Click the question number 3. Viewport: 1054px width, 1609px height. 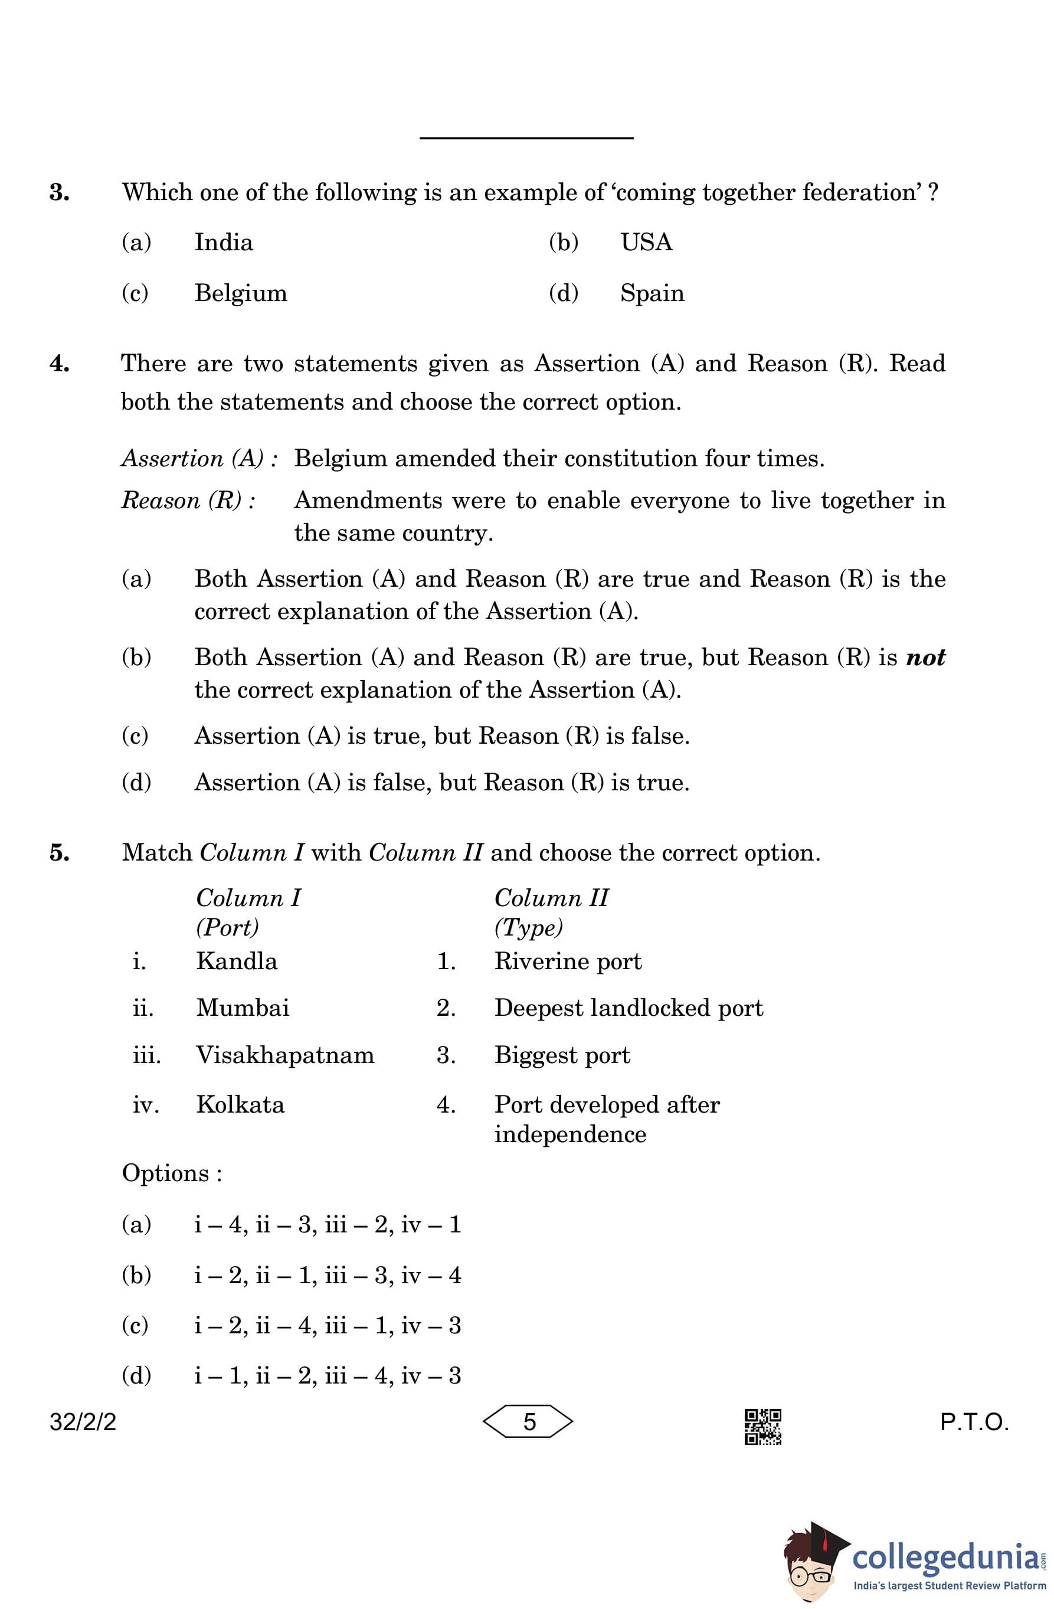pos(60,192)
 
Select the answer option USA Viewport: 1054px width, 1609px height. pos(646,243)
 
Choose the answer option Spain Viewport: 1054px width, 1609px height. pos(652,293)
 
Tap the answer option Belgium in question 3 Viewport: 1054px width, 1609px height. pos(241,293)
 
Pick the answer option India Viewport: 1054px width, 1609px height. pos(223,243)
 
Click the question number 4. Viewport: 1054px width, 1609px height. pos(60,364)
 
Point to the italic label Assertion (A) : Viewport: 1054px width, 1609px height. pos(199,459)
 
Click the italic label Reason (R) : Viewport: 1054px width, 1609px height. pos(188,501)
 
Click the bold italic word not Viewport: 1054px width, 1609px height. pos(925,657)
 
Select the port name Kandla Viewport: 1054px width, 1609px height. pos(237,962)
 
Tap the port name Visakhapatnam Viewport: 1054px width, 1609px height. pos(284,1055)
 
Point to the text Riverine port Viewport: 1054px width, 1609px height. pos(568,962)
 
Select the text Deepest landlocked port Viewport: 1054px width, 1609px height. pos(628,1008)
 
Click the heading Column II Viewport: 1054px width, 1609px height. pos(551,898)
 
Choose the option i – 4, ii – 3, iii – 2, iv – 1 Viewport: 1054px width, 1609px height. pos(327,1224)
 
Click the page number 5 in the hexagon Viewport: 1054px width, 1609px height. pos(529,1422)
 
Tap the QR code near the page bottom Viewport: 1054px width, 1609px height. pos(762,1427)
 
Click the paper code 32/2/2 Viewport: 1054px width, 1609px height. pos(83,1422)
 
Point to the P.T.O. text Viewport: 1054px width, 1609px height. pos(974,1422)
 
